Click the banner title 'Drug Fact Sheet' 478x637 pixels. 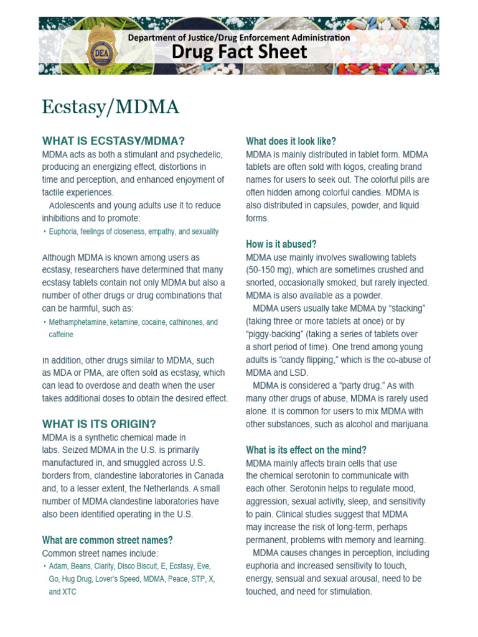pos(240,52)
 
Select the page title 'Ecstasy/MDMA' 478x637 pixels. pos(110,107)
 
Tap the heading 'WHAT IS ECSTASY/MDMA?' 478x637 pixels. pos(113,141)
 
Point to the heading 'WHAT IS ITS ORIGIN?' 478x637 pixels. pos(99,424)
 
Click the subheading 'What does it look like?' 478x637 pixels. pos(291,141)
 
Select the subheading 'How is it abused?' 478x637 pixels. pos(281,244)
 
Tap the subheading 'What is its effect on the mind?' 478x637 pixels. pos(306,450)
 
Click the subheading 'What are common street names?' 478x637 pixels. pos(107,540)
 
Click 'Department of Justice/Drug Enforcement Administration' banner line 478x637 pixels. pos(238,37)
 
